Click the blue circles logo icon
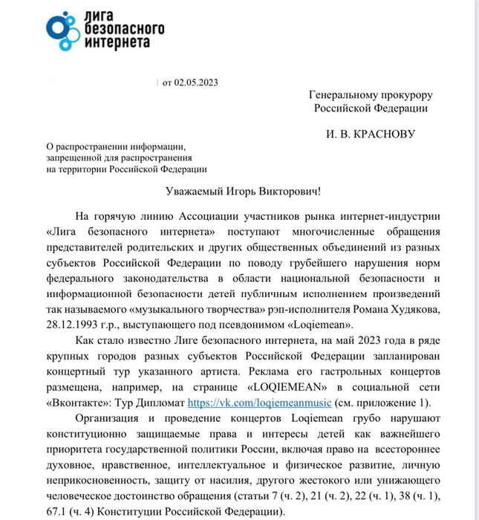click(65, 30)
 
